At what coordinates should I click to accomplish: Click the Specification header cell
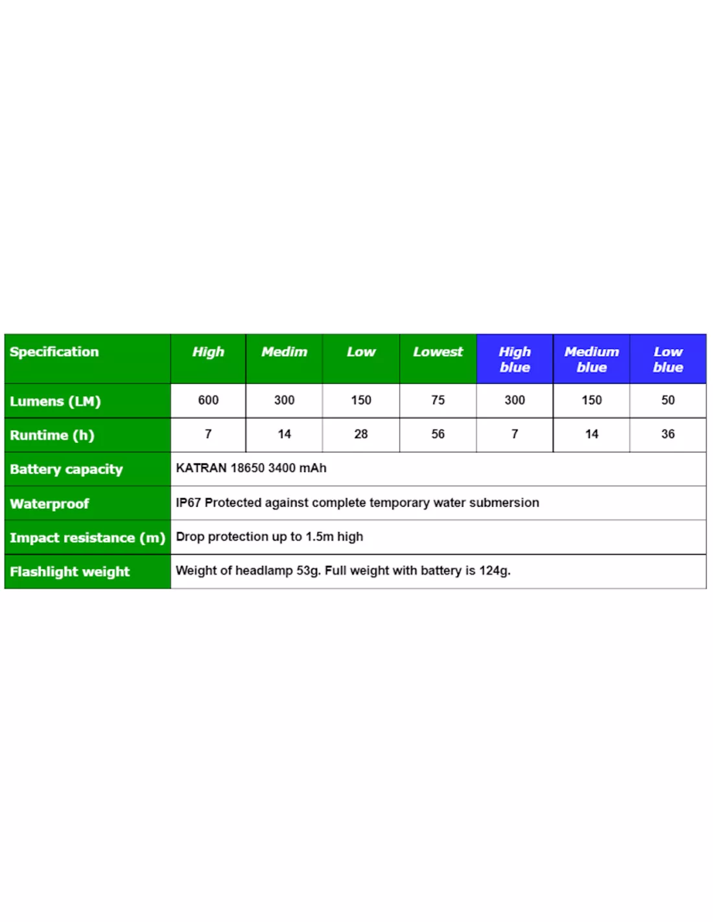[54, 352]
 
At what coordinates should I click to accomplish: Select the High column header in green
[208, 352]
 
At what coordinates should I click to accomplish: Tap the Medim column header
[284, 352]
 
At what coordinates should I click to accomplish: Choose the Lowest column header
[438, 352]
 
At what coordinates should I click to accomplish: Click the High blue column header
[515, 359]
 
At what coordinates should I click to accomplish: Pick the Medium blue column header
[591, 359]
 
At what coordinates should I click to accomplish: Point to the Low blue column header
[668, 359]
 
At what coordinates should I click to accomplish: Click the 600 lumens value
[208, 400]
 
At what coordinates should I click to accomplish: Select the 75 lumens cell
[438, 400]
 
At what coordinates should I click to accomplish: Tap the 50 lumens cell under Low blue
[668, 400]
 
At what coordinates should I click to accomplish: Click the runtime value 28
[361, 434]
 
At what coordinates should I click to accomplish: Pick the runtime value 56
[438, 434]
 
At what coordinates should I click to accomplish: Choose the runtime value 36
[668, 434]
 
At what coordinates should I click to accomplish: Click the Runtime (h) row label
[52, 435]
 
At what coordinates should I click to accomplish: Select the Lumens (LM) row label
[55, 401]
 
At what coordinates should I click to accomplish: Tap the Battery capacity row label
[66, 469]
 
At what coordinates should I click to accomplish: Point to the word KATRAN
[201, 468]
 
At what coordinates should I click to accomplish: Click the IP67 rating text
[188, 502]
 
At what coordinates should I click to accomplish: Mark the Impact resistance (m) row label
[88, 538]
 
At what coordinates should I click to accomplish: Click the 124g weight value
[495, 571]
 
